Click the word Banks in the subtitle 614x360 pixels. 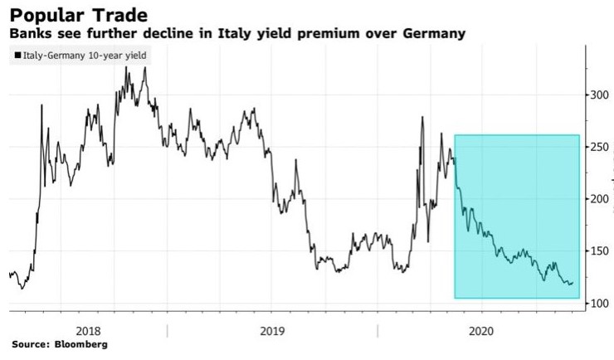point(27,34)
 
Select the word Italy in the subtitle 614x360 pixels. point(244,34)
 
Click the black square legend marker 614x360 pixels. point(17,56)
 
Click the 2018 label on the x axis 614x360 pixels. point(89,330)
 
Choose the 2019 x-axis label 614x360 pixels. point(273,330)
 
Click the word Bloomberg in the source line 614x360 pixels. point(81,343)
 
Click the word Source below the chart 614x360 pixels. point(28,343)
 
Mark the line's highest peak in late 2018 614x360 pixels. point(144,68)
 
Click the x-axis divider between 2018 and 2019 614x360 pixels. point(167,330)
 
